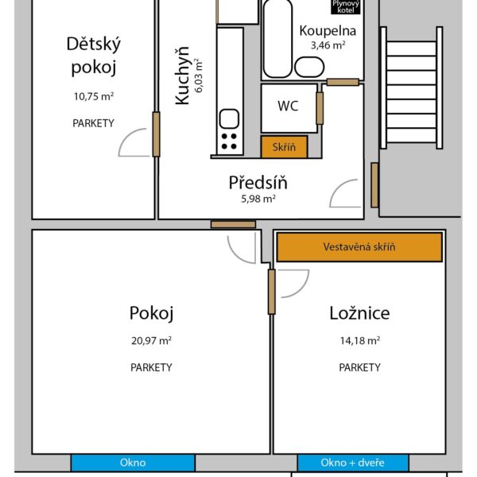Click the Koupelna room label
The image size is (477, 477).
(x=328, y=31)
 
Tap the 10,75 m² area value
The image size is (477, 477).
(x=94, y=96)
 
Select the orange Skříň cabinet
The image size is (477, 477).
(x=284, y=147)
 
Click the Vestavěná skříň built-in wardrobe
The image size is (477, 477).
(x=359, y=246)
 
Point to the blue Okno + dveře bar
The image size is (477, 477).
(x=353, y=463)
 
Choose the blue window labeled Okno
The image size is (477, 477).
(x=133, y=463)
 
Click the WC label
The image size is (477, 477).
(x=288, y=107)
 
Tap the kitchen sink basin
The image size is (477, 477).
(x=229, y=118)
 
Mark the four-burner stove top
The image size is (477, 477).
(x=229, y=142)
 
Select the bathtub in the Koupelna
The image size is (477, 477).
(x=277, y=39)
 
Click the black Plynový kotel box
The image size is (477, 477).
(x=346, y=6)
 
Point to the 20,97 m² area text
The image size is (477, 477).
(x=151, y=340)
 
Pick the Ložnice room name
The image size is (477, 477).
(x=359, y=313)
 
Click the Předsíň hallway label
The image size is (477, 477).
(x=258, y=182)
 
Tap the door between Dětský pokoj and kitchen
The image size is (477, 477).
(x=156, y=134)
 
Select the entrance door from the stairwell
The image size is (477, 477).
(x=374, y=185)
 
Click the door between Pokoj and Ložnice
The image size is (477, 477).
(x=272, y=292)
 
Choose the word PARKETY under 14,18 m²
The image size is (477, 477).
(x=359, y=367)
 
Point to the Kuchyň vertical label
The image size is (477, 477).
(x=182, y=76)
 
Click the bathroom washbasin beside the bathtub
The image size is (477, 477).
(x=309, y=67)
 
